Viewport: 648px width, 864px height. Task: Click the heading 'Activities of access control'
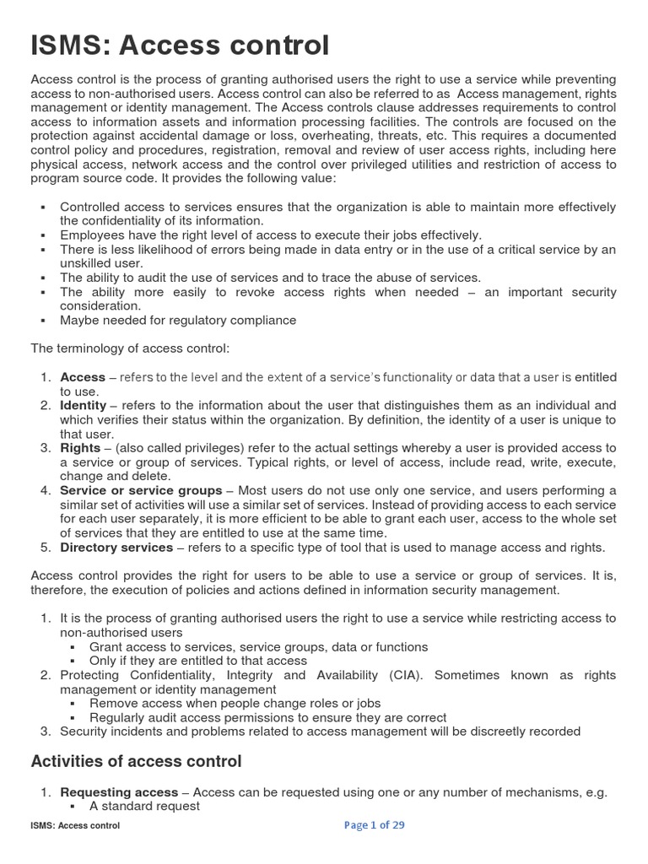(136, 761)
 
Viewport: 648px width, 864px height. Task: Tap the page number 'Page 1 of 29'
(375, 825)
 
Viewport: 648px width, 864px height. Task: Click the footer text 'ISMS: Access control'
(75, 826)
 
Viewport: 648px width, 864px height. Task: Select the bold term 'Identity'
(83, 405)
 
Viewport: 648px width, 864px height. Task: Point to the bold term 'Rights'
(80, 448)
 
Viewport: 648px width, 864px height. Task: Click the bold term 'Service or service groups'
(141, 490)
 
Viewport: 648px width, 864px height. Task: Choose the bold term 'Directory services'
(116, 548)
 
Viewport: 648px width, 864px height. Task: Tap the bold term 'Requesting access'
(119, 792)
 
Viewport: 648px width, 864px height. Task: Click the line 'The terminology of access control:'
(129, 348)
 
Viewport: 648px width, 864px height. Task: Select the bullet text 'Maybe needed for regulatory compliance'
(178, 320)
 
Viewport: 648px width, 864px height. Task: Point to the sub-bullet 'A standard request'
(144, 806)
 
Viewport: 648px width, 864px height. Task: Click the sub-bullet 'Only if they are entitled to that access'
(198, 661)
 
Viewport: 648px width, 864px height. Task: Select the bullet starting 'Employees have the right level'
(271, 235)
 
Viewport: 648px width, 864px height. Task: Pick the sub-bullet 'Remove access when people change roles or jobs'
(235, 703)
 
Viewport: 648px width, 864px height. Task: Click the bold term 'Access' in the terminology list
(83, 377)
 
